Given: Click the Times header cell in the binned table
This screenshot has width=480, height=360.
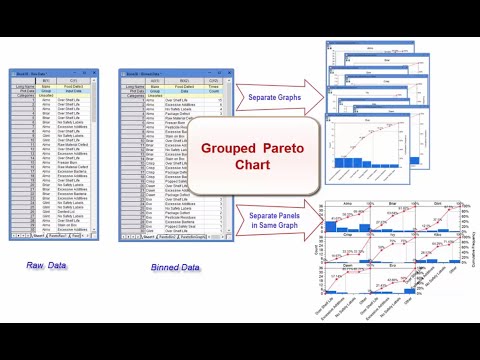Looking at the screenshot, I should pyautogui.click(x=215, y=87).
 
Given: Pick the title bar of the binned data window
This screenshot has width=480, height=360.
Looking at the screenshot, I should pyautogui.click(x=160, y=75).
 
